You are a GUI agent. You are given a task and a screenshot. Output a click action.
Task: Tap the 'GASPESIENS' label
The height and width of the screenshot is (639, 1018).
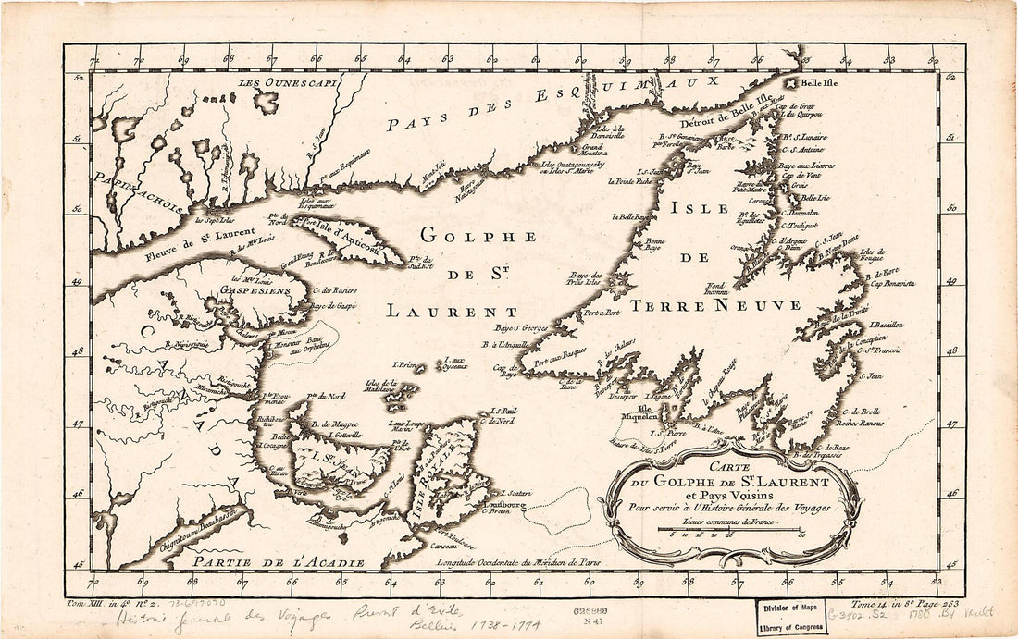[x=265, y=289]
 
